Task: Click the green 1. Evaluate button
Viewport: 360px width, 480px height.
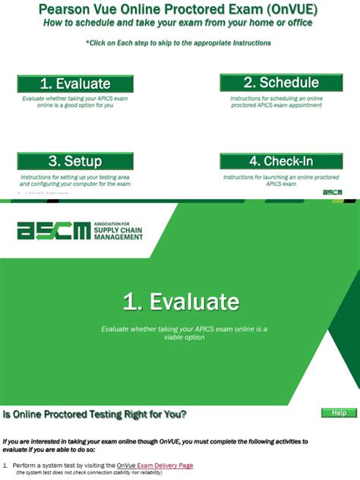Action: [x=75, y=84]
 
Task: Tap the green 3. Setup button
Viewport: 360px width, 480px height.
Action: [x=75, y=161]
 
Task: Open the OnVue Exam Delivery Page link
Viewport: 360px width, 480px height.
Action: [x=155, y=465]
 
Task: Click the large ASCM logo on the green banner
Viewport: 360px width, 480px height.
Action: [x=52, y=230]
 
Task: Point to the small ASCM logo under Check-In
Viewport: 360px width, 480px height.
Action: [x=332, y=192]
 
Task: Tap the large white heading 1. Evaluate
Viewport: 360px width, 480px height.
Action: [x=181, y=302]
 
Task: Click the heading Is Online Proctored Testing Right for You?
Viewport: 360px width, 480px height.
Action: [x=95, y=414]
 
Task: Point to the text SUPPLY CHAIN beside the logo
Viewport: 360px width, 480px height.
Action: [x=118, y=231]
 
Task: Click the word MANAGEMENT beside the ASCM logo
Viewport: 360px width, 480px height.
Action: [x=118, y=238]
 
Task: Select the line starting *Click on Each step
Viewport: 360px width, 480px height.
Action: [x=178, y=43]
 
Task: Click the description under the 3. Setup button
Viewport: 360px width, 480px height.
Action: [x=75, y=180]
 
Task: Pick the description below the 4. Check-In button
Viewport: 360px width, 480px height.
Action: [x=270, y=180]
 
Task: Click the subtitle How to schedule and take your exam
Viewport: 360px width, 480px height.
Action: [x=178, y=23]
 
